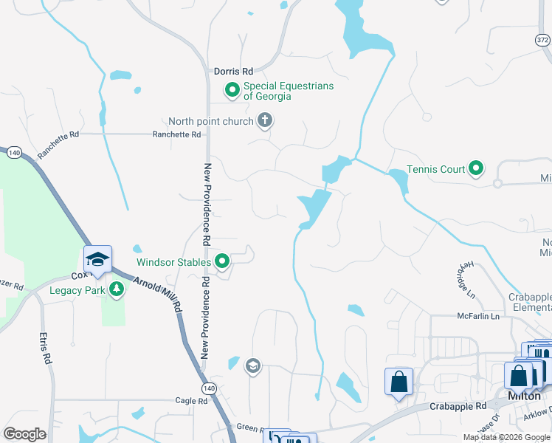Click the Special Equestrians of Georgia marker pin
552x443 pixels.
[232, 91]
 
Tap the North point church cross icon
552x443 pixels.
[265, 121]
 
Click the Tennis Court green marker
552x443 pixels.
[476, 169]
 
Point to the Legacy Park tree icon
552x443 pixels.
[116, 290]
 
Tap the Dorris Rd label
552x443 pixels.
[233, 72]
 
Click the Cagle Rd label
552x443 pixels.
[191, 401]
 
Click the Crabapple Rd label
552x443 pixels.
[459, 406]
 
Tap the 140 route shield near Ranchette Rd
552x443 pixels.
[14, 153]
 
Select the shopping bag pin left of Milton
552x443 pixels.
[399, 382]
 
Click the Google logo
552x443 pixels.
[24, 433]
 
